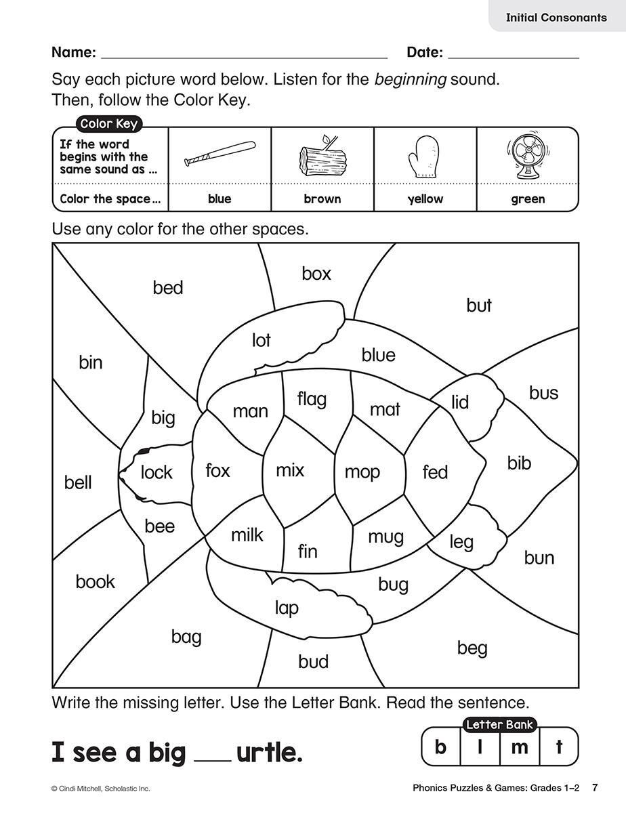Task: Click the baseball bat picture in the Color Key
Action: tap(220, 155)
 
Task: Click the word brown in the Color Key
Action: tap(322, 199)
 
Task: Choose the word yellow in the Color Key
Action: tap(425, 199)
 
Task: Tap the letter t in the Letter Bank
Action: tap(559, 747)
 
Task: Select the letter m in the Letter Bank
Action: tap(519, 747)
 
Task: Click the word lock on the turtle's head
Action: tap(156, 472)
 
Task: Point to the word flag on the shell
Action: tap(312, 399)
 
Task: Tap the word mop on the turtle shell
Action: tap(362, 472)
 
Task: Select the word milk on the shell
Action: tap(247, 535)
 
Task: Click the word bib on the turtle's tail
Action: tap(519, 463)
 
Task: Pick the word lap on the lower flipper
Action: tap(287, 608)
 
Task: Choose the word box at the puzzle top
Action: tap(316, 274)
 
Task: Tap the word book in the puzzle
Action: tap(95, 581)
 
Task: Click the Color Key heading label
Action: tap(108, 123)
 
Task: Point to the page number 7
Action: tap(594, 788)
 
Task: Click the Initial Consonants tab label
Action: tap(556, 18)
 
